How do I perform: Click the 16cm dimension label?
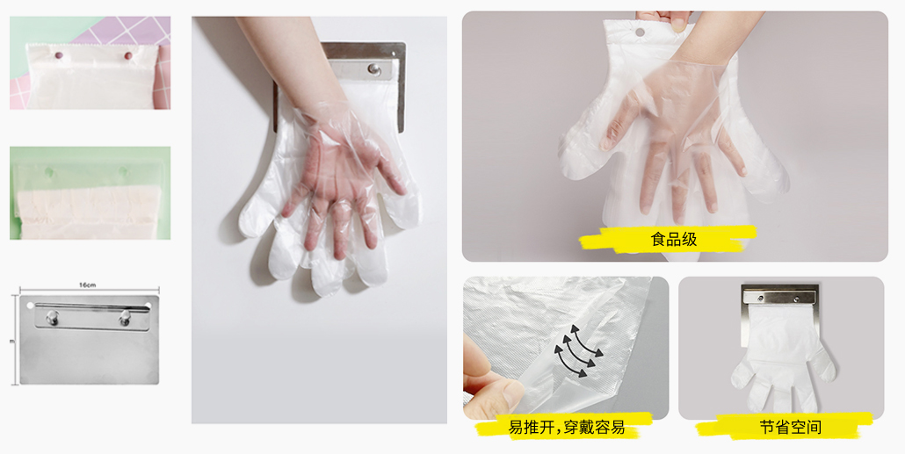87,285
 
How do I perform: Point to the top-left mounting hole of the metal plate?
30,305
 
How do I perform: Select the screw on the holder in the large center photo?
375,68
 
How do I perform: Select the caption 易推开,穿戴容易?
566,428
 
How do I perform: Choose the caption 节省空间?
790,428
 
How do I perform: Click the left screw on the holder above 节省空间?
757,299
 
